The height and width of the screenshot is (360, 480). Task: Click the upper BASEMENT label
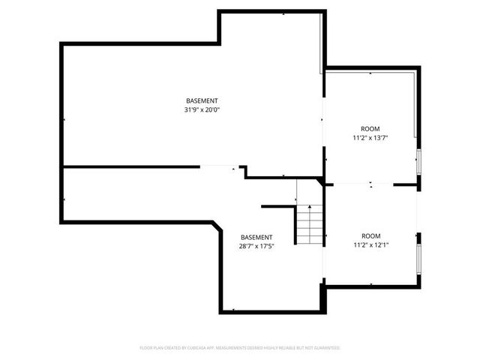202,101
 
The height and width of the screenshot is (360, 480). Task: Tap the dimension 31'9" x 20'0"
202,110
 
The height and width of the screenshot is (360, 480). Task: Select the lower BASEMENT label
256,238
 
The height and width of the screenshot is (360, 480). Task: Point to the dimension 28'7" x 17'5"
256,247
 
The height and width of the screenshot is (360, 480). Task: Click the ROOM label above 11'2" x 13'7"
370,129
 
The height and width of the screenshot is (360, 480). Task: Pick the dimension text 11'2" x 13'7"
370,138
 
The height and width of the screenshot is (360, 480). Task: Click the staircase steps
308,225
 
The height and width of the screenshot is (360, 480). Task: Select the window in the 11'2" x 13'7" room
419,160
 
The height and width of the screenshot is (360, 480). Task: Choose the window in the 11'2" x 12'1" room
419,257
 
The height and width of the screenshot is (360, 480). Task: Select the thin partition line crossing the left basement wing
150,167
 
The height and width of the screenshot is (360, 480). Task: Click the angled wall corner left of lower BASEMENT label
218,227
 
